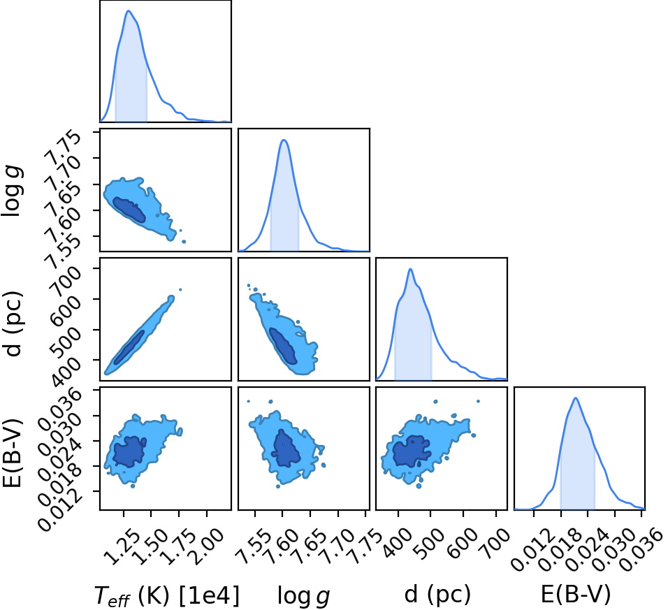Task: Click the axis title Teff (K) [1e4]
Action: [x=166, y=595]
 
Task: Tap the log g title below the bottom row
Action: [x=303, y=595]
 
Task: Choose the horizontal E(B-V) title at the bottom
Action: [x=576, y=594]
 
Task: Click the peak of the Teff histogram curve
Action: [x=129, y=11]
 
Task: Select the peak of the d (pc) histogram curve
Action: [x=410, y=269]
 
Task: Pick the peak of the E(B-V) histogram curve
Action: [x=576, y=398]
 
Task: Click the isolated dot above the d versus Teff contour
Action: [x=180, y=290]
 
